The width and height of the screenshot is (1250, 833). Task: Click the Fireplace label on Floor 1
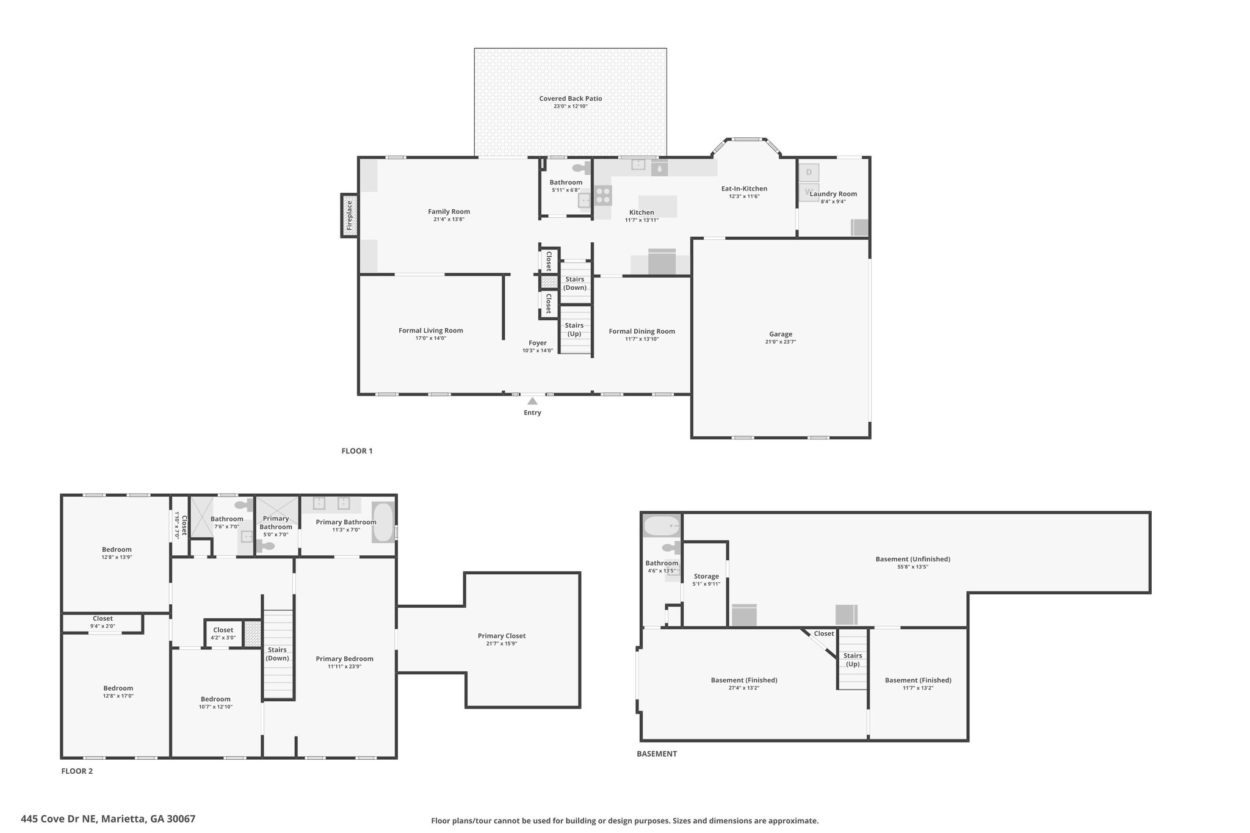click(x=350, y=215)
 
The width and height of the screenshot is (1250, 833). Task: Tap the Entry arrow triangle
click(x=532, y=401)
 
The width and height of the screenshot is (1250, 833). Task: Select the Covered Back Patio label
click(x=571, y=98)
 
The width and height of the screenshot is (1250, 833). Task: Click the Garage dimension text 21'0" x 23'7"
click(x=781, y=342)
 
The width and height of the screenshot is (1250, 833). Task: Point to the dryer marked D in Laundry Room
click(x=809, y=172)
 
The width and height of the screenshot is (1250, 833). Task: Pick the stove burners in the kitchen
click(x=603, y=195)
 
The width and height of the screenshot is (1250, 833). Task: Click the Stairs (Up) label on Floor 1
click(x=574, y=330)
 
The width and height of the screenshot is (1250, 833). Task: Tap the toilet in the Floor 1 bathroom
click(x=580, y=168)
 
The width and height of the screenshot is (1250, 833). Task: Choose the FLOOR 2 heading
click(x=77, y=771)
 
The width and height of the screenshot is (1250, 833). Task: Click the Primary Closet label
click(x=502, y=636)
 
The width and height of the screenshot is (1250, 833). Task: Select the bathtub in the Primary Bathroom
click(x=383, y=522)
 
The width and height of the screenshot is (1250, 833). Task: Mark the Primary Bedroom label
click(x=344, y=658)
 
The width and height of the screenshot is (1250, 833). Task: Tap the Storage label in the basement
click(x=706, y=576)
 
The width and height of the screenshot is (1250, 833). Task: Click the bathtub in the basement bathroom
click(x=662, y=526)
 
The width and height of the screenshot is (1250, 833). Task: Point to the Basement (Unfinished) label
click(x=912, y=559)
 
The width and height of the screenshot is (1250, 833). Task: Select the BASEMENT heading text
click(x=657, y=754)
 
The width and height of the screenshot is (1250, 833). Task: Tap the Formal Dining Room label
click(x=641, y=331)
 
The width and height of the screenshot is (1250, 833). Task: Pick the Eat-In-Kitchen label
click(x=744, y=189)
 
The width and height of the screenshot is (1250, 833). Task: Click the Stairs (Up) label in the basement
click(x=853, y=660)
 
